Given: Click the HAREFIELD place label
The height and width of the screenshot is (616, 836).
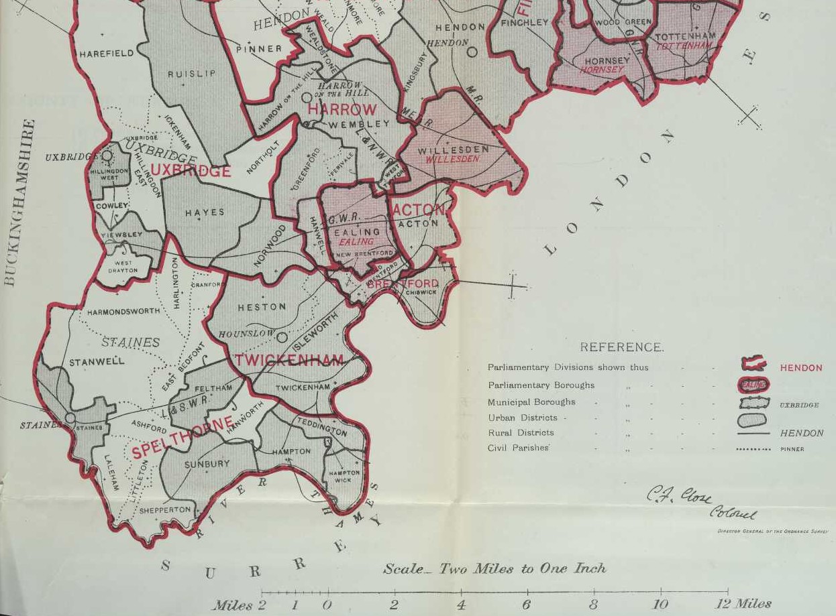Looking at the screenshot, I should [106, 54].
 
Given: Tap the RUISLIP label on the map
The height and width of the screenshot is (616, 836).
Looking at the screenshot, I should [191, 74].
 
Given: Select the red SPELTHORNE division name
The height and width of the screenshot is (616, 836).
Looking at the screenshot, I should [182, 437].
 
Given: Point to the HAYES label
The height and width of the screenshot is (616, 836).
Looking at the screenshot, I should [205, 212].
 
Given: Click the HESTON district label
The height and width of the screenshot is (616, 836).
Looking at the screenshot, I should [262, 307].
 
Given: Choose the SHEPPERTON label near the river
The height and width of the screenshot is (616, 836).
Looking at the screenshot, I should [165, 510].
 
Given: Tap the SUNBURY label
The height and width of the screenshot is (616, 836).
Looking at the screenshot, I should [207, 464].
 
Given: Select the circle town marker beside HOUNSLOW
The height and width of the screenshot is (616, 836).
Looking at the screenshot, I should [282, 337].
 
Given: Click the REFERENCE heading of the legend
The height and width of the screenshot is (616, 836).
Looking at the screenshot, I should [621, 347].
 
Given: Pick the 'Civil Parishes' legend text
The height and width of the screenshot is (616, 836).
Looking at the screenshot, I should [518, 448].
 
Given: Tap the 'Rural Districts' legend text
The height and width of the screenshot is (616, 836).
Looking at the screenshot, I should [521, 432].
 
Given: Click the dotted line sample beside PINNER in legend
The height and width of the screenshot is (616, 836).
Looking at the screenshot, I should [752, 449].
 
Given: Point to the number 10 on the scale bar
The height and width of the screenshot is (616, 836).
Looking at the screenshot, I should [660, 604].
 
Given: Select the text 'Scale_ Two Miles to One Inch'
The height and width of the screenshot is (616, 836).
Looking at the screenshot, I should [494, 569].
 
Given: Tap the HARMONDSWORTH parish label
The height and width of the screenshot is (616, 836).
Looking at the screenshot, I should [123, 312].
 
